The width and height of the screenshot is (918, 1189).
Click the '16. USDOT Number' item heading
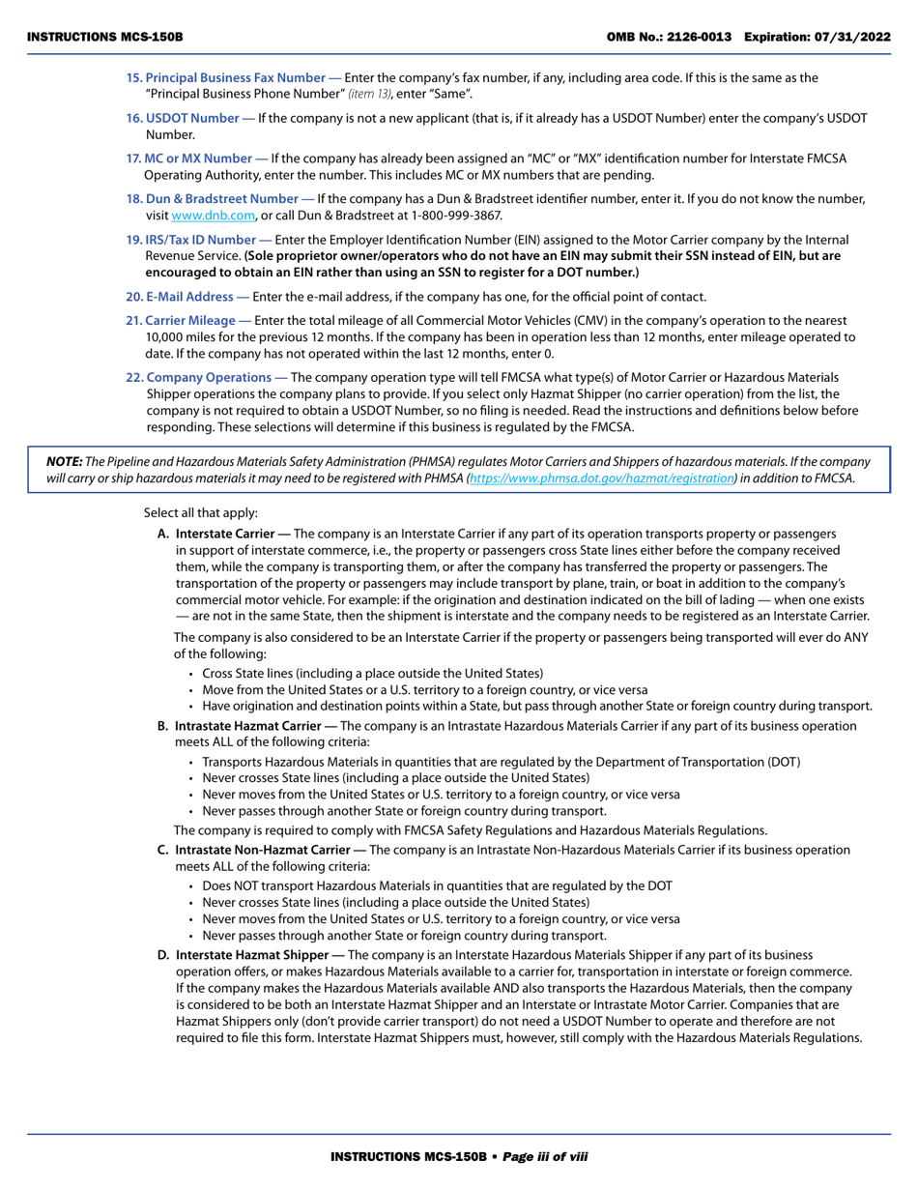(189, 118)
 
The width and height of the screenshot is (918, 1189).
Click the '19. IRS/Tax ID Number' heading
(198, 240)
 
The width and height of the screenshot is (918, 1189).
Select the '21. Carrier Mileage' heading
(188, 320)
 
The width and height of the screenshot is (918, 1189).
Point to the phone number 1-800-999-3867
(453, 216)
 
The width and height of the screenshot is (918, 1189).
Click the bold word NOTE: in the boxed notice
(64, 462)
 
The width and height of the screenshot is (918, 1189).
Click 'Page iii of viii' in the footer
(545, 1156)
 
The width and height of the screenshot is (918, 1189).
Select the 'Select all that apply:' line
(201, 512)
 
